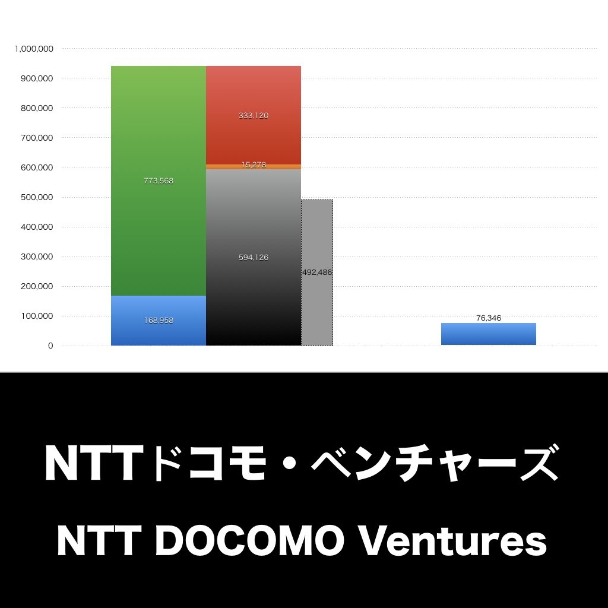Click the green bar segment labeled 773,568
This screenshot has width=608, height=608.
click(158, 180)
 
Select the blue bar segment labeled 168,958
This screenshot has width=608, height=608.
click(158, 320)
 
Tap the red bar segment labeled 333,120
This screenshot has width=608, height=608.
click(254, 115)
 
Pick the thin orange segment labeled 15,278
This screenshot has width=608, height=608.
click(254, 167)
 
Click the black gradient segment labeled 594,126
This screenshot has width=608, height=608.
click(254, 258)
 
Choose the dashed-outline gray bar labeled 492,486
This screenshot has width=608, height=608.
click(317, 273)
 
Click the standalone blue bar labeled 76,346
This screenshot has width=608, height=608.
click(489, 334)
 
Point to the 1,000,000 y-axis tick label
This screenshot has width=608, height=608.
click(34, 49)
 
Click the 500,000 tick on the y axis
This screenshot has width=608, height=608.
click(37, 197)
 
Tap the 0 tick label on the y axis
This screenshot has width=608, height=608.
click(50, 346)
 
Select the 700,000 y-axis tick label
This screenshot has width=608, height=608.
click(37, 138)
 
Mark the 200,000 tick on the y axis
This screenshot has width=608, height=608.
click(37, 287)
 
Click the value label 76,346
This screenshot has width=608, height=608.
click(489, 318)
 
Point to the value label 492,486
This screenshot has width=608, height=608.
click(317, 272)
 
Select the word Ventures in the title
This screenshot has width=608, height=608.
click(452, 540)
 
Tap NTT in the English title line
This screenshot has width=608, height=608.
click(99, 540)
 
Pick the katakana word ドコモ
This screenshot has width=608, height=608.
click(208, 463)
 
